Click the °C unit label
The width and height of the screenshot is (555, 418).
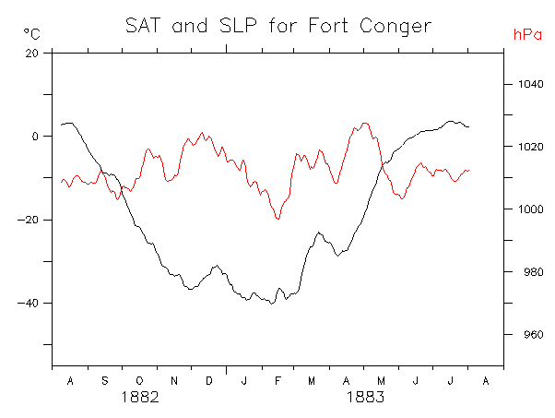pos(31,34)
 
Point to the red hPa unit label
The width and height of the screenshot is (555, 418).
pos(525,34)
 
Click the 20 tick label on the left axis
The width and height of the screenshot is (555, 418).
pos(31,53)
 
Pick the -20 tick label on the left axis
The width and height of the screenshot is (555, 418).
pos(29,220)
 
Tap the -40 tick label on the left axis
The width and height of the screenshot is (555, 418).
pos(29,304)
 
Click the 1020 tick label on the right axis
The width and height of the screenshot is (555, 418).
pos(524,147)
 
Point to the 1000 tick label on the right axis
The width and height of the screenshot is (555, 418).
pos(524,209)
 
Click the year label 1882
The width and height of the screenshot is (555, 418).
pos(141,398)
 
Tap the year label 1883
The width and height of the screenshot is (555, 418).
pos(365,398)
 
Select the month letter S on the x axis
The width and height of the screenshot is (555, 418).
pos(104,380)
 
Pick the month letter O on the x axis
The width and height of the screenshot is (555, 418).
pos(139,380)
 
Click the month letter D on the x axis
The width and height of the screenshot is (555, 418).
pos(208,380)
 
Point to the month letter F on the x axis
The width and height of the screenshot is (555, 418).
pos(277,380)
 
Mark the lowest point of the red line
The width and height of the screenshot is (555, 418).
pos(277,219)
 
